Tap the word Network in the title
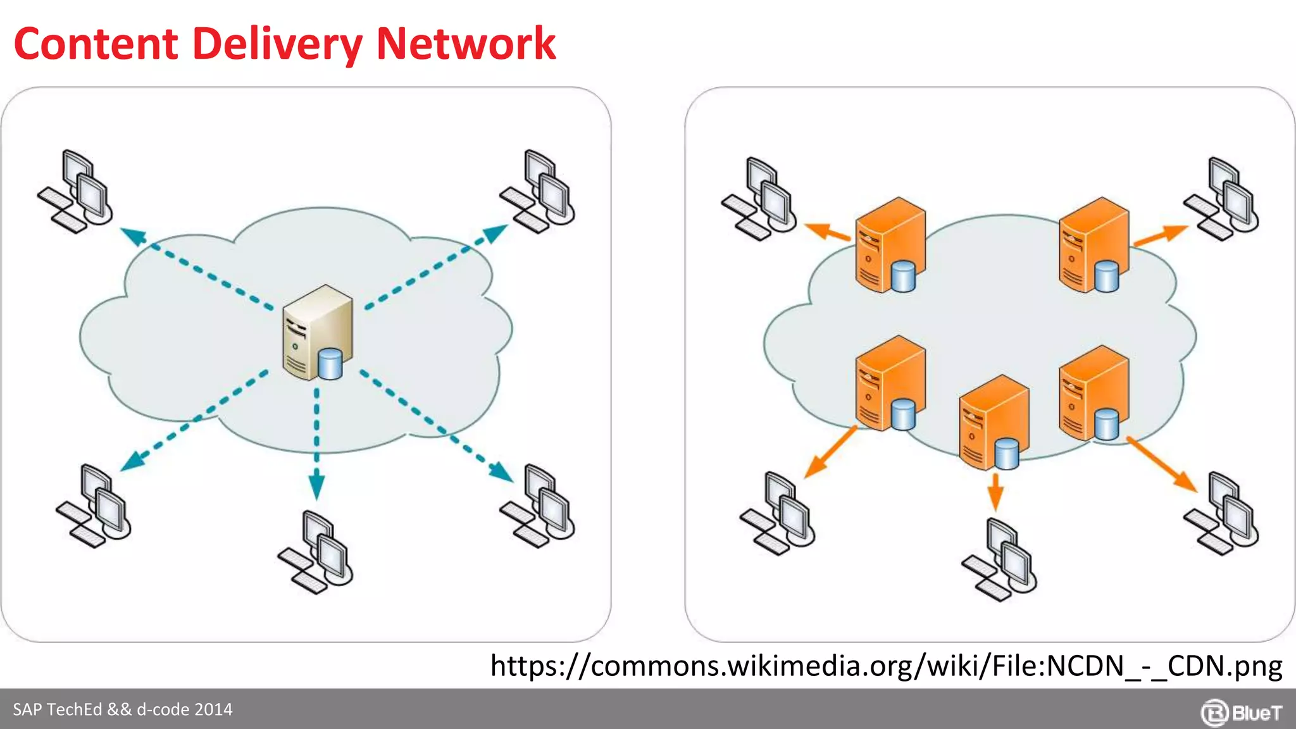pos(465,44)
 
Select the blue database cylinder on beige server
pos(330,364)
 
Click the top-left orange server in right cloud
pos(889,244)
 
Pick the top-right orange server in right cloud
pos(1093,244)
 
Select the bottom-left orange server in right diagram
pos(889,383)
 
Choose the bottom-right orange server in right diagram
pos(1093,392)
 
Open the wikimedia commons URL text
pos(886,666)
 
